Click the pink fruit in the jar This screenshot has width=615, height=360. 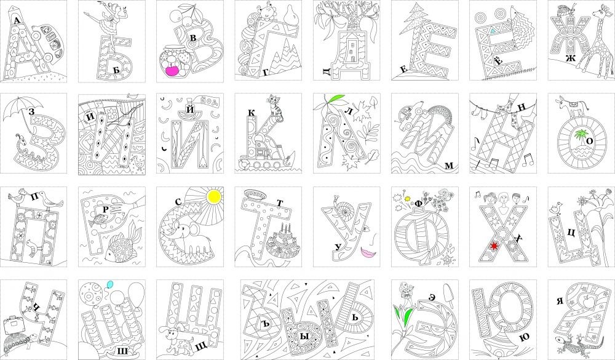point(173,70)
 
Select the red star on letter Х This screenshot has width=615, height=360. point(494,246)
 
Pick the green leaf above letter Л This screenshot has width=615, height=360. point(336,98)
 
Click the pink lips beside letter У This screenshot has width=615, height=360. point(367,251)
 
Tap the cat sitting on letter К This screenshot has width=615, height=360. point(272,105)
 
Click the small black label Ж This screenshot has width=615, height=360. point(570,58)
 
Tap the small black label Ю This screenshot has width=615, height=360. point(524,337)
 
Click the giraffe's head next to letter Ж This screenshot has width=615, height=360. point(598,12)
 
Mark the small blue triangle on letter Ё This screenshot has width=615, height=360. point(492,31)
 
